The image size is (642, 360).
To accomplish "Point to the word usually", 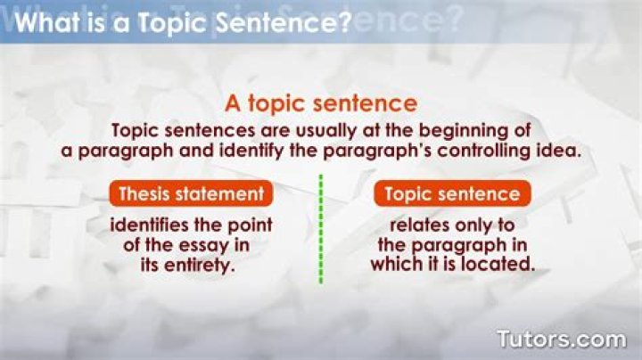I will click(x=293, y=131).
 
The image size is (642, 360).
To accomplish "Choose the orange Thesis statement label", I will click(x=191, y=193).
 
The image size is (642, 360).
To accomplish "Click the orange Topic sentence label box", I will click(x=452, y=193).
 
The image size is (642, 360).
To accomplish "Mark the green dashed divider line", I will click(x=320, y=229).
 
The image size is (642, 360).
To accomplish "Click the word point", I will click(x=250, y=223).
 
